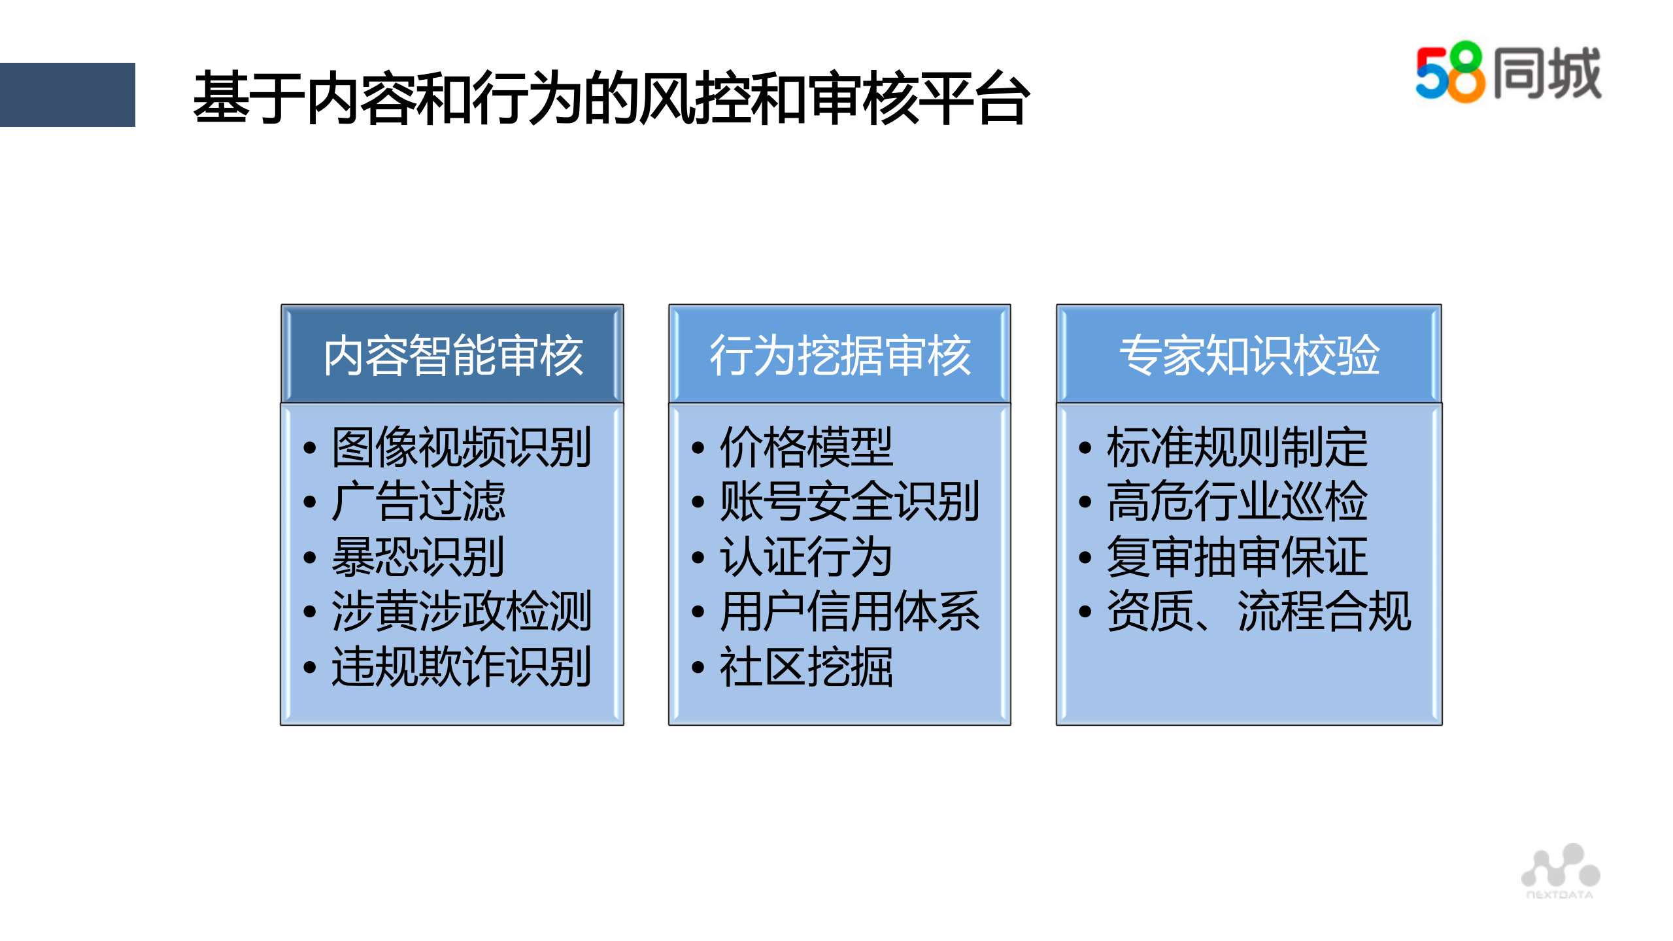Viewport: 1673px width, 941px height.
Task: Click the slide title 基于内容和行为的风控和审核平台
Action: coord(611,98)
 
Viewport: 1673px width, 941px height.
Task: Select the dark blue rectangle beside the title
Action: coord(67,94)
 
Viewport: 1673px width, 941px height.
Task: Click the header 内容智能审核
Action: coord(452,355)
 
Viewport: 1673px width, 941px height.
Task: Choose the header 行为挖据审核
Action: coord(840,355)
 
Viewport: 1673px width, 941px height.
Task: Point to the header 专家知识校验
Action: coord(1249,355)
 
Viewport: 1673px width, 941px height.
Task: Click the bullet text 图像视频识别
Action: coord(461,447)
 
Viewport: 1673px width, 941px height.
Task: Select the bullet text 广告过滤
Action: coord(418,502)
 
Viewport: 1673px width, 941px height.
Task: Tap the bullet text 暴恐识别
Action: coord(418,557)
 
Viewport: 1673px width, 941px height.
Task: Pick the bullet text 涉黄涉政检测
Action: coord(461,611)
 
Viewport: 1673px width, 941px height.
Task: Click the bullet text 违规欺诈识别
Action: coord(461,667)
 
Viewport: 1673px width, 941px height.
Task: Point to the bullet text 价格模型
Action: coord(806,447)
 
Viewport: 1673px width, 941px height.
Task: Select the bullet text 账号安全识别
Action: coord(849,502)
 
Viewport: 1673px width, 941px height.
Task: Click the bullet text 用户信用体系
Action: coord(849,611)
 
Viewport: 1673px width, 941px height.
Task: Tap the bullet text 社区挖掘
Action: coord(806,667)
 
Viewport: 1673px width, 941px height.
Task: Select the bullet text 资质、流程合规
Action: coord(1259,611)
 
